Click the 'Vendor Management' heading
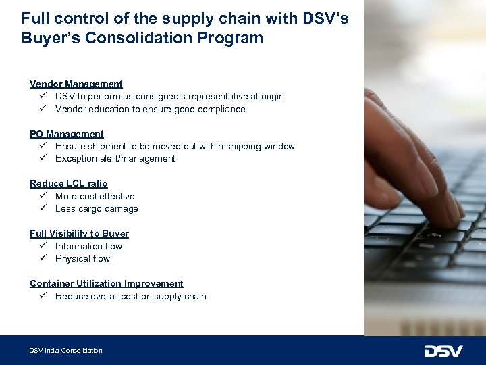(x=76, y=84)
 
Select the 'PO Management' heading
(x=67, y=134)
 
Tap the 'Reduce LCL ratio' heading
(x=69, y=183)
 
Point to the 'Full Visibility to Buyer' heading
(x=79, y=233)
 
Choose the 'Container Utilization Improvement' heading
(x=107, y=283)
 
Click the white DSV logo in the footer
(x=443, y=351)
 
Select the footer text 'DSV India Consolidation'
(x=65, y=351)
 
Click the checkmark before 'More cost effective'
(x=42, y=196)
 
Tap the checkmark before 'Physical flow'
(x=42, y=258)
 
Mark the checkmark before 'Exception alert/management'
(x=42, y=158)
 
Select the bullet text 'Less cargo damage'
(x=97, y=209)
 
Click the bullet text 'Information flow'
(x=88, y=246)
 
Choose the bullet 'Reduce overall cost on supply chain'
(x=131, y=296)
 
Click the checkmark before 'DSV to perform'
(x=42, y=97)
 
